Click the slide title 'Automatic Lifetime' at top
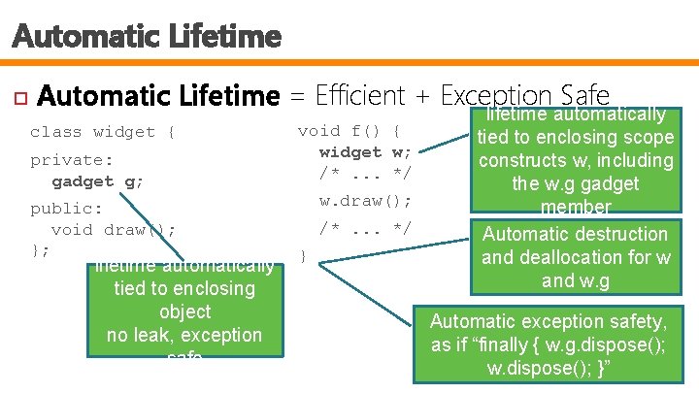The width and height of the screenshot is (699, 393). point(147,38)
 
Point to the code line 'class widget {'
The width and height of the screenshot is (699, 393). point(103,132)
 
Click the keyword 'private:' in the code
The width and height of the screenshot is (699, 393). point(72,160)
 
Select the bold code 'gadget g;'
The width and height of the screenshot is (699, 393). point(98,181)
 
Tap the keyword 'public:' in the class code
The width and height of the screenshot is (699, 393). point(67,209)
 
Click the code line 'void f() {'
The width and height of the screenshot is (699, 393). point(350,131)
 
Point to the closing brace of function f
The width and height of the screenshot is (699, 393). point(303,257)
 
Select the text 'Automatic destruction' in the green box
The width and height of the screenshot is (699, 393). point(576,234)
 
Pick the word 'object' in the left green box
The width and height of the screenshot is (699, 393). point(184,311)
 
